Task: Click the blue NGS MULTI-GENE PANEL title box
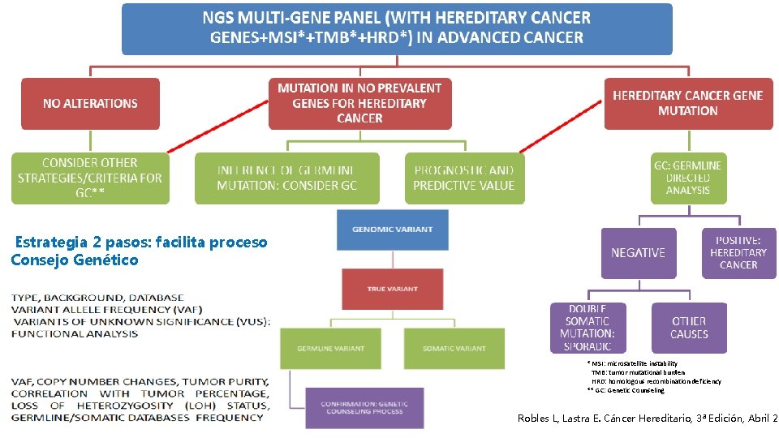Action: tap(397, 28)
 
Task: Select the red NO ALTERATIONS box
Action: tap(90, 103)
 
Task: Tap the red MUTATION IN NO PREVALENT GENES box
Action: tap(359, 103)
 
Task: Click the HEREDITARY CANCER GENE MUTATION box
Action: tap(687, 103)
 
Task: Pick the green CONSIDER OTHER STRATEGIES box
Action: tap(90, 178)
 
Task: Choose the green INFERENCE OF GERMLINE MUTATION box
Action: tap(286, 178)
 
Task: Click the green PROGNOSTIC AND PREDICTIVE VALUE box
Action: tap(463, 178)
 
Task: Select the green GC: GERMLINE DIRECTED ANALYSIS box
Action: tap(687, 178)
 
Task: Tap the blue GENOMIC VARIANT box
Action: tap(392, 230)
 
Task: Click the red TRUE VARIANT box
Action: tap(392, 289)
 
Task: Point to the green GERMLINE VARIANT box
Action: tap(318, 348)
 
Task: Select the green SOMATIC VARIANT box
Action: tap(454, 348)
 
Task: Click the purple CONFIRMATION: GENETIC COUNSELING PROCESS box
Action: tap(364, 407)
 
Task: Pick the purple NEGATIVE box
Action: tap(638, 252)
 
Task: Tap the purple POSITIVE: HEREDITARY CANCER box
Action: tap(738, 252)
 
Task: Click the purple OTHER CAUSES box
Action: tap(689, 328)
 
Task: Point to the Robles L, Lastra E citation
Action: tap(647, 418)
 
